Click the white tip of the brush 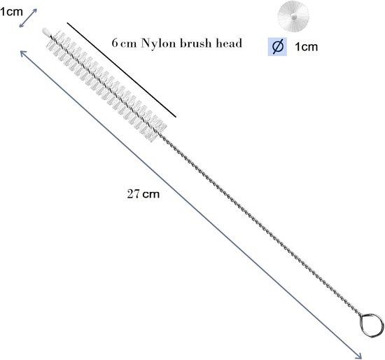(45, 32)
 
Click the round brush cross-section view (293, 17)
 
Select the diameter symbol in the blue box (277, 47)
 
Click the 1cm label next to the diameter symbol (306, 47)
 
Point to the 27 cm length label (143, 194)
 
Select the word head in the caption (229, 43)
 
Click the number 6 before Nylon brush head (115, 43)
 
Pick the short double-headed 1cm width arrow (28, 18)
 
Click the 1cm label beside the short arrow (11, 11)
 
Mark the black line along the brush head (122, 70)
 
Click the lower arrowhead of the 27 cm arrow (360, 356)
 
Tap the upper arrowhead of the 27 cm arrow (22, 53)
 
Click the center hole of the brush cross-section (294, 17)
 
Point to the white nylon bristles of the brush (106, 85)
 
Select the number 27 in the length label (133, 194)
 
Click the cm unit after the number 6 (128, 44)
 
